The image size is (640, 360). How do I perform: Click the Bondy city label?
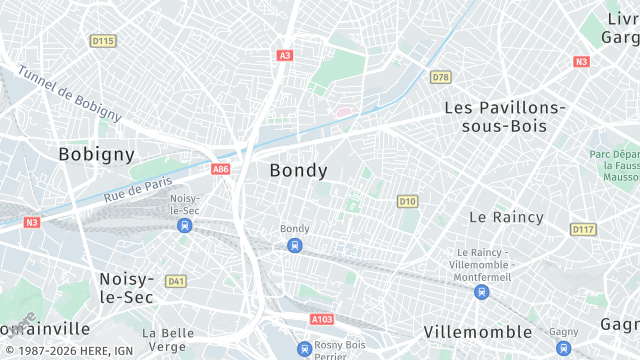298,170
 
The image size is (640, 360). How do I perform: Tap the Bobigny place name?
96,154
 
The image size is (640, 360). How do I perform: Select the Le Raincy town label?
506,216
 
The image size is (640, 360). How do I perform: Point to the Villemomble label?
477,331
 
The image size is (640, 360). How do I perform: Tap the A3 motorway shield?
285,56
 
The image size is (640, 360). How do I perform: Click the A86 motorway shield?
221,170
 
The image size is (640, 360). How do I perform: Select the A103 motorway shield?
322,319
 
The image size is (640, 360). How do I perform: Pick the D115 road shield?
102,41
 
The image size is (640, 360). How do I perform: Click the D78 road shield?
440,77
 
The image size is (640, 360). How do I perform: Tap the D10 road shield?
407,201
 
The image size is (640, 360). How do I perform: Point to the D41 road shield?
176,281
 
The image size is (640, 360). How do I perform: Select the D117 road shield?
583,229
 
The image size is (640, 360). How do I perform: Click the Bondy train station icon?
294,246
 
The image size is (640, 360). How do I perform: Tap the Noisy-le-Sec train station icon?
184,226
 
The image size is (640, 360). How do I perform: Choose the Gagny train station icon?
563,348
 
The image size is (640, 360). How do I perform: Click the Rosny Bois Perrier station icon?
304,348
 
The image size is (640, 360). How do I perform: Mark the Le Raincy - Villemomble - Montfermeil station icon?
482,292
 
